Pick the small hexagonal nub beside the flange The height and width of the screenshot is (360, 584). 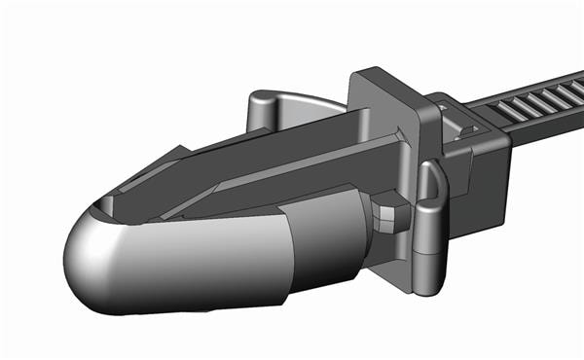tap(387, 216)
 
